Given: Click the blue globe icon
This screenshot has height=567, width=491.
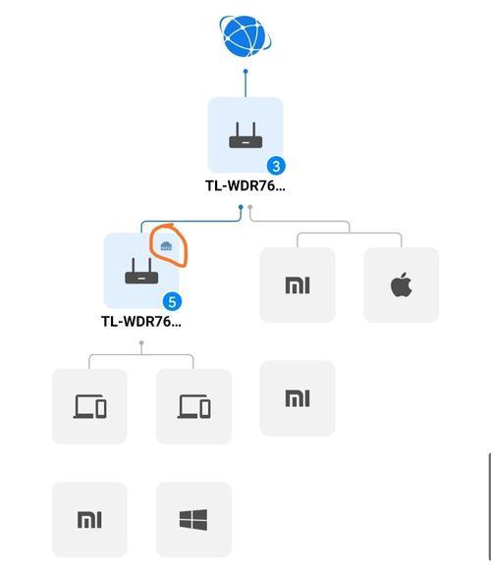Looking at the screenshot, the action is [245, 36].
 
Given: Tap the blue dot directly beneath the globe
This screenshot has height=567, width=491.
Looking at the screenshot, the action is [245, 72].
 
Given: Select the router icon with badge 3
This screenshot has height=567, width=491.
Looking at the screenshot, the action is [245, 135].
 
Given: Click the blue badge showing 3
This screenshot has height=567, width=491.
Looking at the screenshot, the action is [276, 166].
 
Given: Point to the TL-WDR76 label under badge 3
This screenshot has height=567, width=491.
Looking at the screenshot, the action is [245, 185].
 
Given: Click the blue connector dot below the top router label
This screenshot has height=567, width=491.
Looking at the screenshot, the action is [241, 207].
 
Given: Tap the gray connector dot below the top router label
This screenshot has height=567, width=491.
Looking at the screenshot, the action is [249, 207].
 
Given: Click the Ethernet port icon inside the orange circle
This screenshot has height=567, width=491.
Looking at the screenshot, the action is [166, 246].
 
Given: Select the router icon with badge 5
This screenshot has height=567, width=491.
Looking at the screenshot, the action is [141, 271].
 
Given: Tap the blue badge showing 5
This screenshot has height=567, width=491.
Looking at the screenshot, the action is [173, 302].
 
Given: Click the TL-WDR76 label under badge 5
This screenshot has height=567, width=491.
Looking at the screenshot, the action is [141, 322].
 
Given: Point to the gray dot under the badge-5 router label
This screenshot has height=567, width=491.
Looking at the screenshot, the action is [141, 342].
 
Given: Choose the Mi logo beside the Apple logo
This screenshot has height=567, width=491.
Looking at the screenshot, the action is [298, 285].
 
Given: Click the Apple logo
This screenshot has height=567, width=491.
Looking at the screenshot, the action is [402, 284].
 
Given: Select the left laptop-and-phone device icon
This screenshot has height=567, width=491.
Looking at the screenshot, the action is [89, 406].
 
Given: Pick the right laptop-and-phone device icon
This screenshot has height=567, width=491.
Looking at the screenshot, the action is [193, 406].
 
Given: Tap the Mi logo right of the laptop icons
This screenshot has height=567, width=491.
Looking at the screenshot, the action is [298, 398].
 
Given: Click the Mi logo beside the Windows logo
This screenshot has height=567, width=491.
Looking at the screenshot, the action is [89, 520].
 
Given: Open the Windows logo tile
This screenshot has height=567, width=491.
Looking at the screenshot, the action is [193, 520].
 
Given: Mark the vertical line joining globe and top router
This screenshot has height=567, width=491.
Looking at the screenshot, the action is [245, 84].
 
